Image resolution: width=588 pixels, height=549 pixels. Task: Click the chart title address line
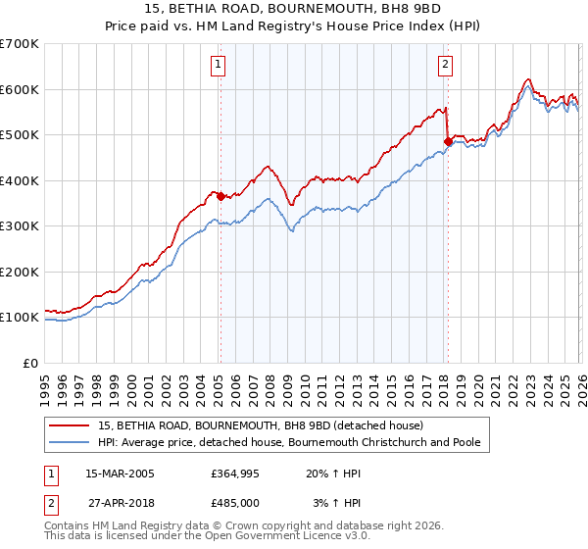click(x=294, y=10)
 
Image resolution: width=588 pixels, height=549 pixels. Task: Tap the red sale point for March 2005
click(x=220, y=196)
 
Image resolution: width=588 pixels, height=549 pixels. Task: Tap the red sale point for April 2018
click(x=448, y=142)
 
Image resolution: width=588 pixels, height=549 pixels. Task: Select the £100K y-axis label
click(x=20, y=318)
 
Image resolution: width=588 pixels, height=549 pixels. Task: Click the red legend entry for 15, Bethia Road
click(x=260, y=425)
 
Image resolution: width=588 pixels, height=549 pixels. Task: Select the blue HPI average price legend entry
click(x=289, y=442)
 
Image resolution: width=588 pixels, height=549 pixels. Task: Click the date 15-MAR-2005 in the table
click(x=120, y=474)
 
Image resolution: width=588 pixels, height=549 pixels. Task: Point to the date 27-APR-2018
click(x=120, y=503)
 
